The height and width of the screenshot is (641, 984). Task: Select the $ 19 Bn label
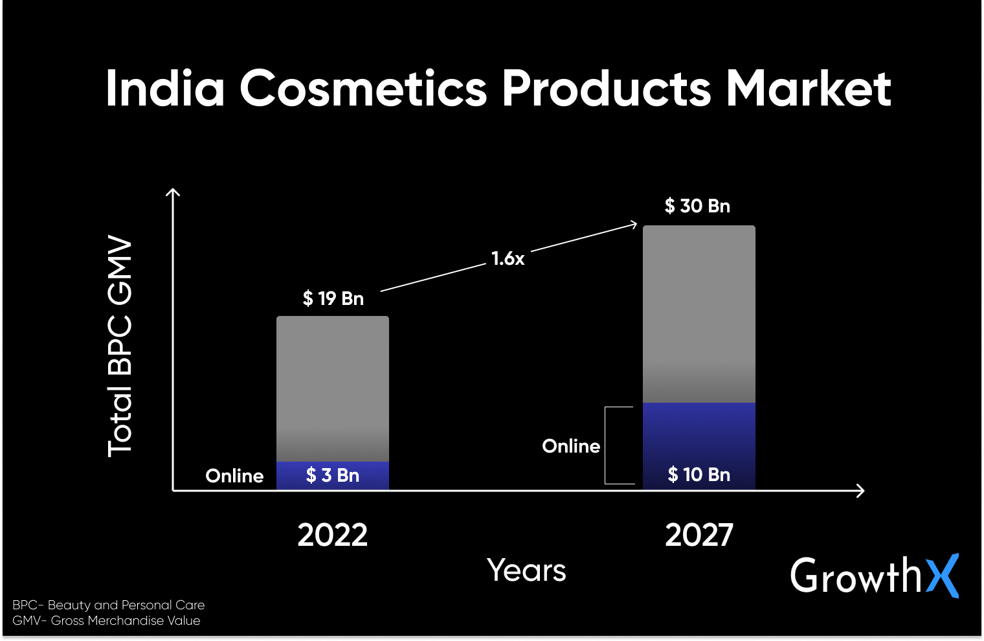pyautogui.click(x=333, y=298)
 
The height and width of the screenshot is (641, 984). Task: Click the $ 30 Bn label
pyautogui.click(x=697, y=206)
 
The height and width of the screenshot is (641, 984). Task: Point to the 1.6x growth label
pyautogui.click(x=508, y=259)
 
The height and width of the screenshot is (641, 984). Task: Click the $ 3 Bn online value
pyautogui.click(x=333, y=475)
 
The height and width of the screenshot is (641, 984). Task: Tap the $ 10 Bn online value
pyautogui.click(x=699, y=475)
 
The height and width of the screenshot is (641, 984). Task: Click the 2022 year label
pyautogui.click(x=333, y=535)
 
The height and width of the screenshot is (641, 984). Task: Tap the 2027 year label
pyautogui.click(x=699, y=535)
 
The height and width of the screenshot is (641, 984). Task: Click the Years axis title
pyautogui.click(x=526, y=570)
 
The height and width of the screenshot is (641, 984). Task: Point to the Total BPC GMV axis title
pyautogui.click(x=120, y=346)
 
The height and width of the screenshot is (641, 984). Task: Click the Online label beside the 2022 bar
pyautogui.click(x=234, y=476)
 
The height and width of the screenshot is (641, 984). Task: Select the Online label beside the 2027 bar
pyautogui.click(x=571, y=446)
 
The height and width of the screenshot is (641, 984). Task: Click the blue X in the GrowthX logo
pyautogui.click(x=943, y=575)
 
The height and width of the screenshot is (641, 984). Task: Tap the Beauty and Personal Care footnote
pyautogui.click(x=109, y=605)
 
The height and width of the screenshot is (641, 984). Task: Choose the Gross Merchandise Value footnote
pyautogui.click(x=107, y=620)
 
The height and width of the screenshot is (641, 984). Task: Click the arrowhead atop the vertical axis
pyautogui.click(x=173, y=192)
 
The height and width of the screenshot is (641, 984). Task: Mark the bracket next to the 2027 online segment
pyautogui.click(x=608, y=445)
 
